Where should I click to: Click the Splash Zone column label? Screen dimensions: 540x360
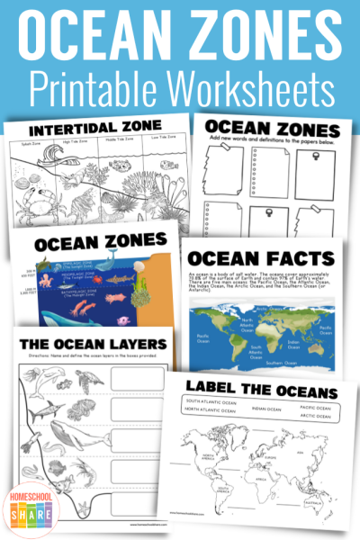(x=36, y=141)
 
